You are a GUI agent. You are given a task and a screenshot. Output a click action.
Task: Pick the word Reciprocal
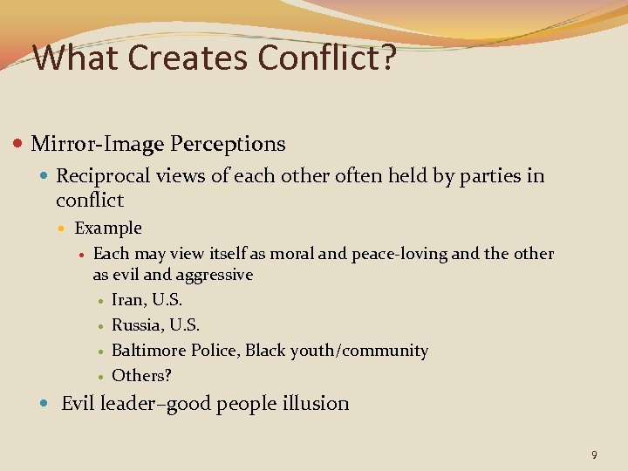click(103, 175)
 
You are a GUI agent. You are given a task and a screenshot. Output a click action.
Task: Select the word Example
click(108, 228)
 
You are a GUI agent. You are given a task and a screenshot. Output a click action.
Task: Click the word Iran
click(128, 300)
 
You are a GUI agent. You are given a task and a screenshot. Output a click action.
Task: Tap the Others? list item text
click(142, 375)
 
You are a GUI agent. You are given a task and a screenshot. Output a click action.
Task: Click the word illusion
click(317, 403)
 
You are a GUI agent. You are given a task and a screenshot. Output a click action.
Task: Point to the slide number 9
click(594, 454)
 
